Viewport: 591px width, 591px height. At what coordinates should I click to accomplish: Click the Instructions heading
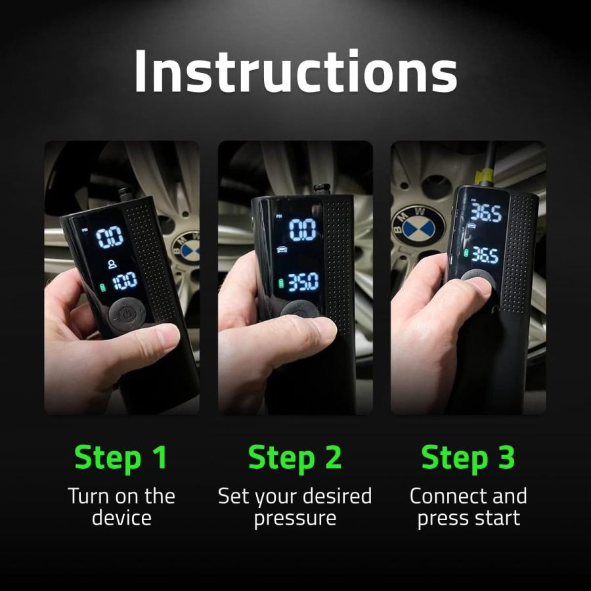295,71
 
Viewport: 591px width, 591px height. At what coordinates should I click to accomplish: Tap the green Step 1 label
121,458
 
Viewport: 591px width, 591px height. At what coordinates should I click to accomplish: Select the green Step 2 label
295,458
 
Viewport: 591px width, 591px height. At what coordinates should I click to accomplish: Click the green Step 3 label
468,458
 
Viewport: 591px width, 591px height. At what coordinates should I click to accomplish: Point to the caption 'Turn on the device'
121,506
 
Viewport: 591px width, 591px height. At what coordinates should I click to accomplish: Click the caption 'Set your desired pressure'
295,506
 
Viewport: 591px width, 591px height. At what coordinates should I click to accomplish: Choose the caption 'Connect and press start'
468,506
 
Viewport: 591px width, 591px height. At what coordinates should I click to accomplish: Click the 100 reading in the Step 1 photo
124,280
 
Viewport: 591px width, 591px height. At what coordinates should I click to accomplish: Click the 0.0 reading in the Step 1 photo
110,237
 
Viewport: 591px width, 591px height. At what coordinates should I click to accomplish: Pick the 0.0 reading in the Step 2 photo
303,229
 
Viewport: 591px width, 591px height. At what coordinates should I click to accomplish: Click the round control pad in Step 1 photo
127,315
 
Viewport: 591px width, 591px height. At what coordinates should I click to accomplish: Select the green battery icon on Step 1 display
102,286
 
